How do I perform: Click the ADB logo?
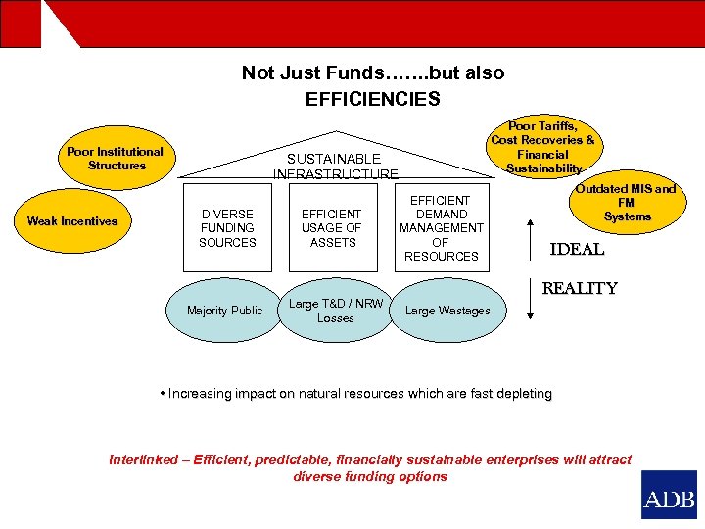669,495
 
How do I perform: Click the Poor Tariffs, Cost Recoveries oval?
542,147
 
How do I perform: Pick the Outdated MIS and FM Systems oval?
627,203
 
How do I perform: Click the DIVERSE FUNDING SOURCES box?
227,228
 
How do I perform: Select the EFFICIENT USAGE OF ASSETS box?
331,228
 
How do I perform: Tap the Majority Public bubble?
225,311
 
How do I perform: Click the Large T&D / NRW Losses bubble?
335,311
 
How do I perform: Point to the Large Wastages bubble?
447,311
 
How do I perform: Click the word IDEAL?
577,250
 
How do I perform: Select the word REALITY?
580,289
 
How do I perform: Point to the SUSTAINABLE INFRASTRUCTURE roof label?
335,167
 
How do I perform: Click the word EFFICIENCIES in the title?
372,99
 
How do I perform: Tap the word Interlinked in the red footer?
143,459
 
